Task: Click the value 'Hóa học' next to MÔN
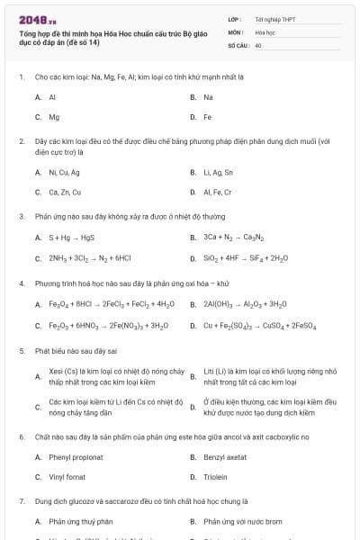(x=265, y=31)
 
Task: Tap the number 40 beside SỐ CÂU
(x=258, y=44)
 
